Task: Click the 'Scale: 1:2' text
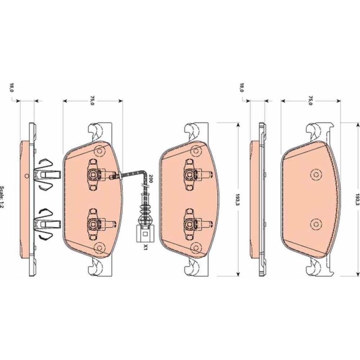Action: point(2,197)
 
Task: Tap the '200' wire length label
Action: point(150,179)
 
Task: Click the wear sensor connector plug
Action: point(145,234)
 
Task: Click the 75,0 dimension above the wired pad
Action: point(92,100)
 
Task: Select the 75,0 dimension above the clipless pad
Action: point(310,100)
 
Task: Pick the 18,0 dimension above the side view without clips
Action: point(242,87)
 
